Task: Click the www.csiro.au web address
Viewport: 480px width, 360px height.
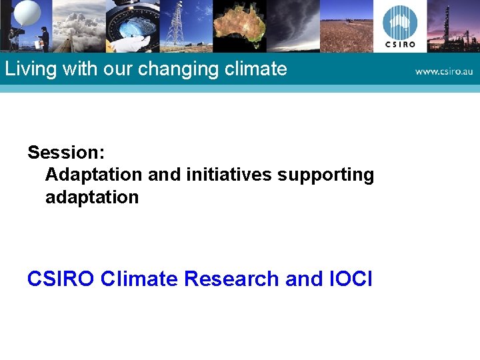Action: [443, 71]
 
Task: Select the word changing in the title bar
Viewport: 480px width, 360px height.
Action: [177, 69]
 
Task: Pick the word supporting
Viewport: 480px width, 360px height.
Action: [326, 175]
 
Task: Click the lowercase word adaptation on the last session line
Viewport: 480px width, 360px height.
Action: [92, 197]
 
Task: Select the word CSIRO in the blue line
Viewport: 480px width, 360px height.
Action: [61, 279]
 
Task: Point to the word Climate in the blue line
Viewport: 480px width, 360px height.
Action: [139, 279]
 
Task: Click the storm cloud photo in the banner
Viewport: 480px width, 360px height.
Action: [293, 26]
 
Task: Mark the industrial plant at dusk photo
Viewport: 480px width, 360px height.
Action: [453, 26]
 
